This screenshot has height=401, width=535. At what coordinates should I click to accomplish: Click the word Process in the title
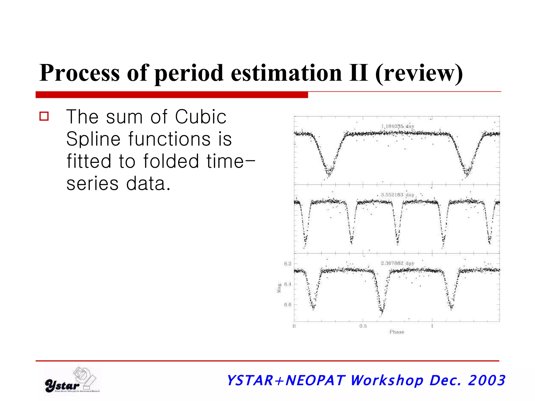coord(79,73)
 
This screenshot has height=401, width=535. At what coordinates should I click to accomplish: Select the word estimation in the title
coord(286,73)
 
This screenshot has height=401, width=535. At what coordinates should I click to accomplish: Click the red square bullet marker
coord(44,116)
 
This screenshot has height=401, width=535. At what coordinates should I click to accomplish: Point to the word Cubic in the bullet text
coord(200,117)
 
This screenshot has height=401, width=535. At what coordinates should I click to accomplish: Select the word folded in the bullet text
coord(171,161)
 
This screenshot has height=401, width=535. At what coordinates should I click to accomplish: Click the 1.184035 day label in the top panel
coord(398,126)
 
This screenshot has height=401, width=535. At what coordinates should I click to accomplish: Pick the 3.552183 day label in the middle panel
coord(397,195)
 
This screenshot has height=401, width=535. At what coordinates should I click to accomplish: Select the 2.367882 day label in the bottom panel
coord(397,263)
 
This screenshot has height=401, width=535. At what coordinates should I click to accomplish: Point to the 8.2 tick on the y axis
coord(288,264)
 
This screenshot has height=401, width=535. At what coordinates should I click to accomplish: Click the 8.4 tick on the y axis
coord(288,284)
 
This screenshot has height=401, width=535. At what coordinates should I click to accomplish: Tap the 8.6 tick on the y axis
coord(288,304)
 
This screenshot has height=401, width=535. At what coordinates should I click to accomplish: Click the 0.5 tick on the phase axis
coord(363,326)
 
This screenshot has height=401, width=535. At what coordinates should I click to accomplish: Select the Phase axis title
coord(397,332)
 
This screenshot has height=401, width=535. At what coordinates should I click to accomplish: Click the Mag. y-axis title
coord(279,287)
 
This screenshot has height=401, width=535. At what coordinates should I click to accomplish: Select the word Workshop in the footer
coord(386,380)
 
